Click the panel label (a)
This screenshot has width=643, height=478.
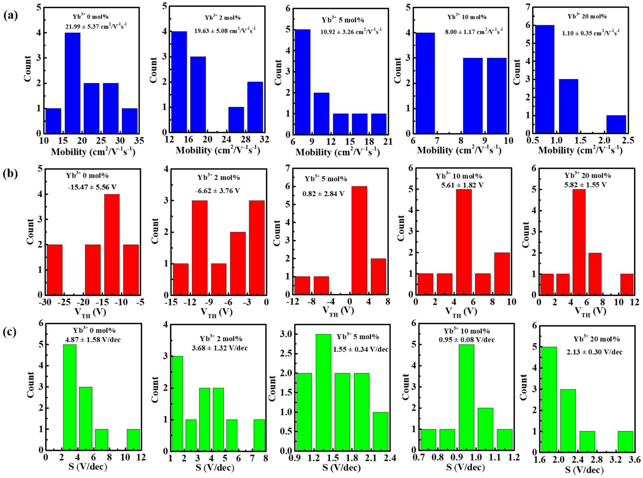pyautogui.click(x=11, y=15)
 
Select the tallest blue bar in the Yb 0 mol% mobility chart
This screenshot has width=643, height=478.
pyautogui.click(x=72, y=83)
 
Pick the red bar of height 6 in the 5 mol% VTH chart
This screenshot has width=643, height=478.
pyautogui.click(x=359, y=240)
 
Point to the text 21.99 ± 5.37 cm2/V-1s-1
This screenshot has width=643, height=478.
pyautogui.click(x=96, y=27)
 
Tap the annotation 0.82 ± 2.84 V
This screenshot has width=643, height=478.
pyautogui.click(x=323, y=194)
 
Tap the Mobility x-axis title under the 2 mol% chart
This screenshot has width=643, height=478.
pyautogui.click(x=217, y=151)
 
